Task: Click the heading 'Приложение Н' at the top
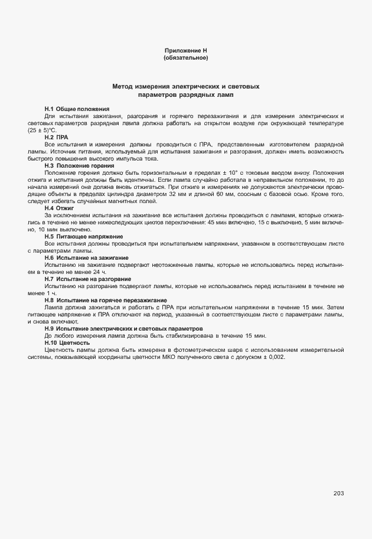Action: [185, 51]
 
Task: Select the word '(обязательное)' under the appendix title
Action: [185, 58]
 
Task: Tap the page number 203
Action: [338, 493]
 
